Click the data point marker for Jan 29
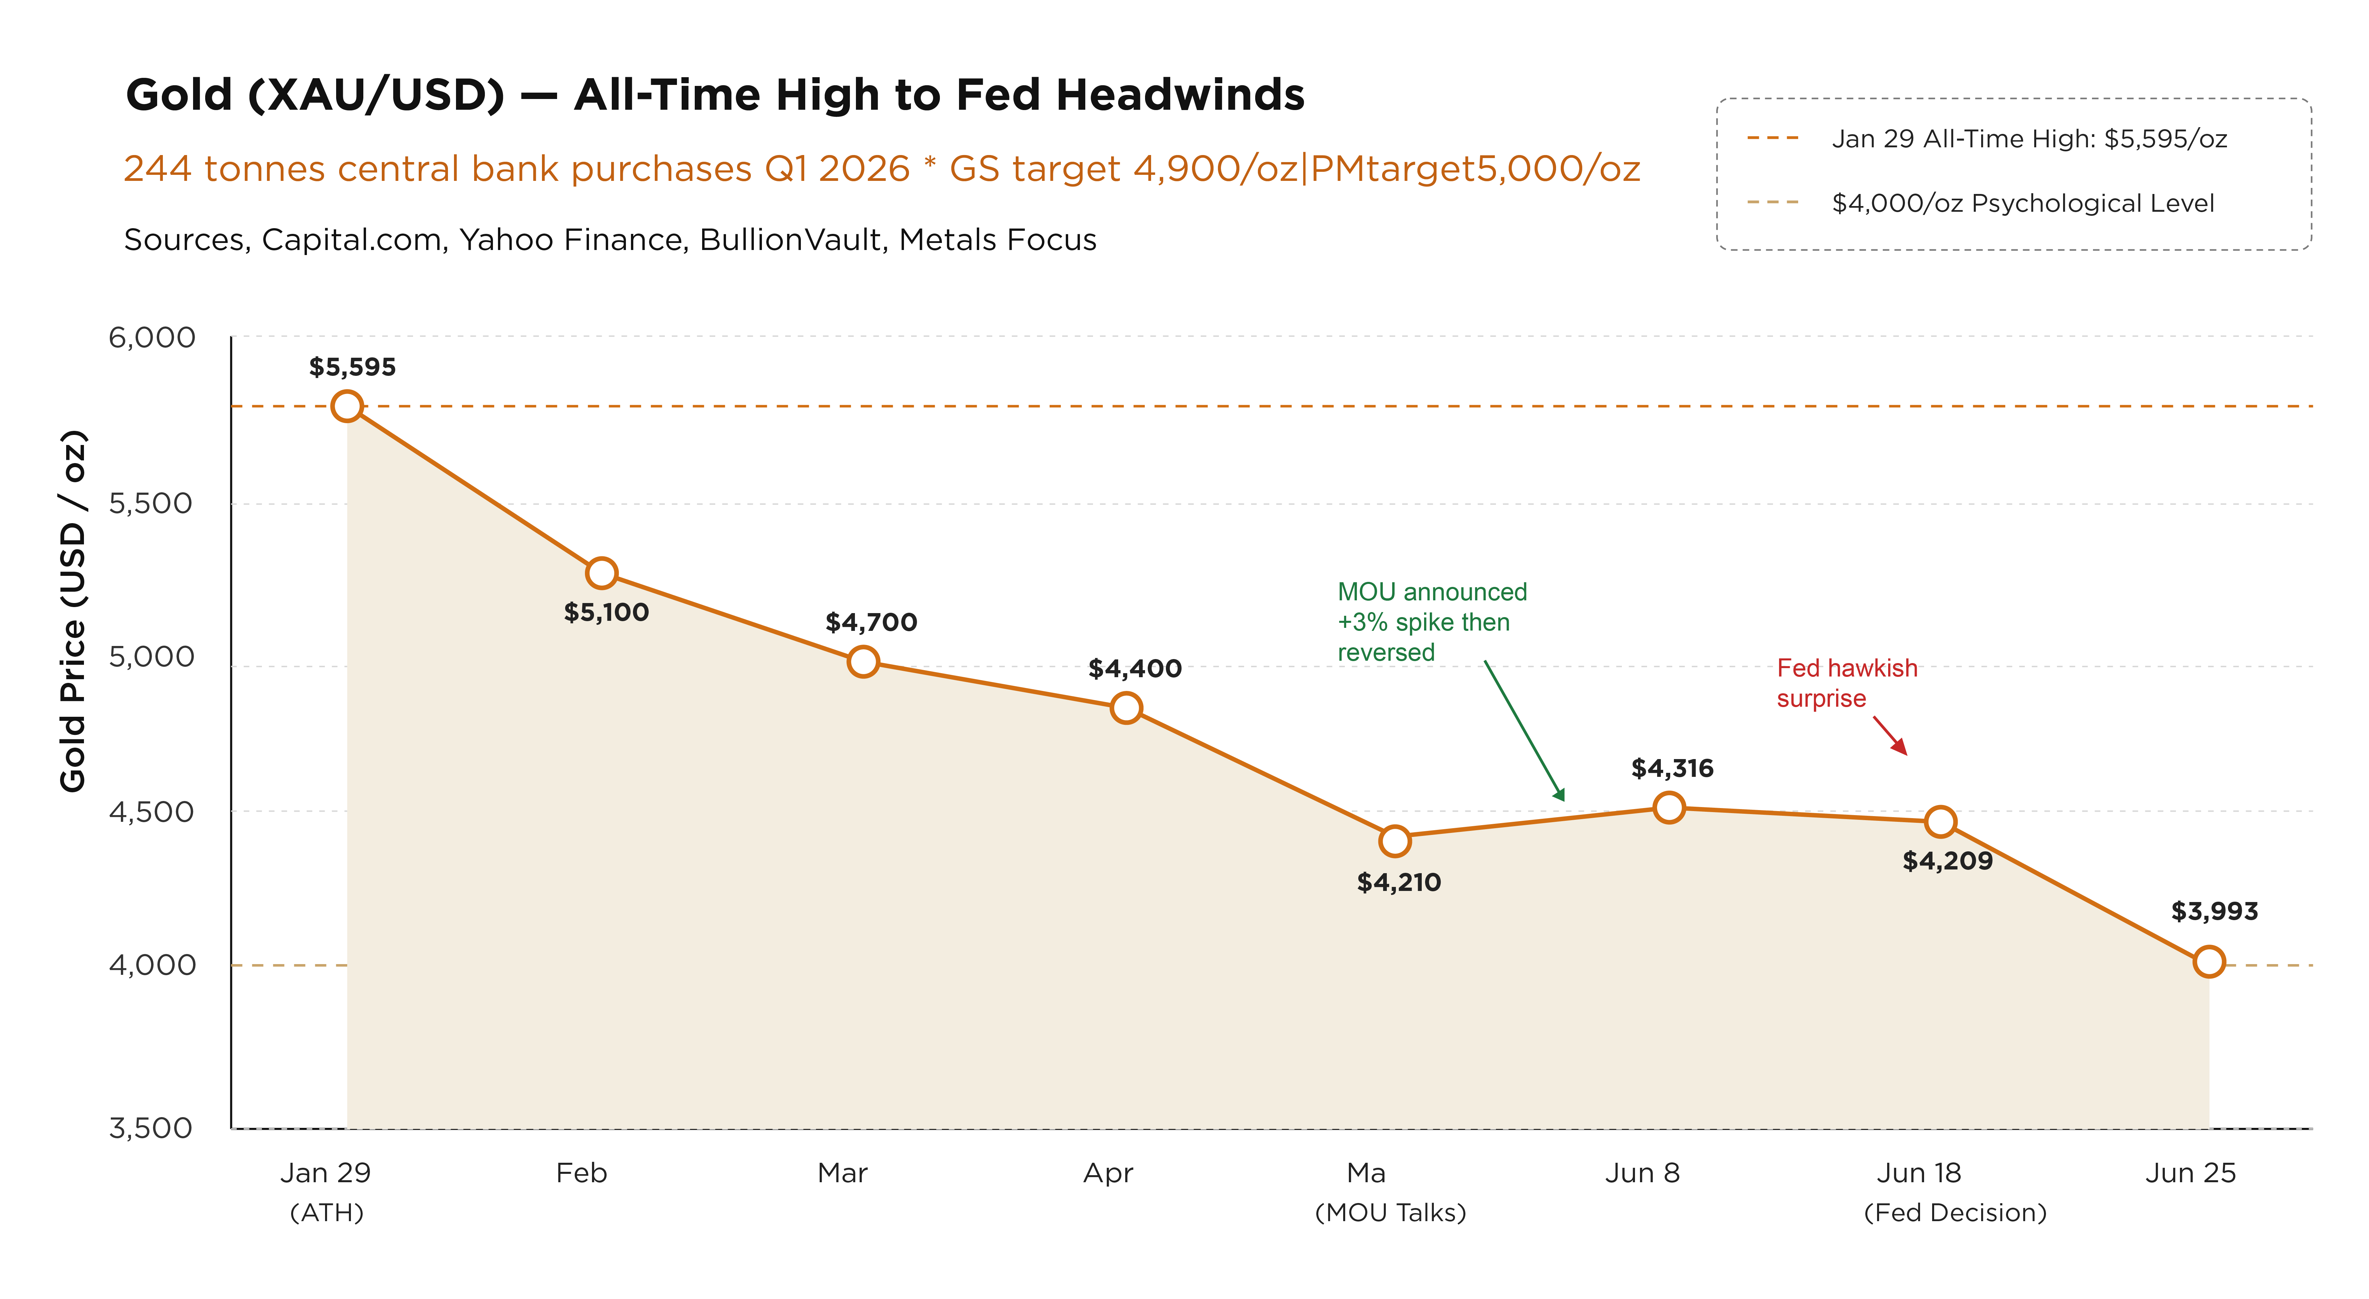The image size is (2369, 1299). (347, 405)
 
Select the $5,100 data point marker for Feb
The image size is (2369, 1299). (601, 573)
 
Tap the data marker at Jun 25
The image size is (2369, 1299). (2209, 962)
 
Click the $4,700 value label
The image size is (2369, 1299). (871, 622)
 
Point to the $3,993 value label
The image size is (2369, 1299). (2215, 911)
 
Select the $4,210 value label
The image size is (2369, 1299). (1399, 883)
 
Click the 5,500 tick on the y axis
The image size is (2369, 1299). (151, 503)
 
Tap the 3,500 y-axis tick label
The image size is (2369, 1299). (151, 1128)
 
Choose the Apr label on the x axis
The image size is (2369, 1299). (1108, 1173)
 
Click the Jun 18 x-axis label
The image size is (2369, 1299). (1919, 1173)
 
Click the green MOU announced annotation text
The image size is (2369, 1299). (1432, 622)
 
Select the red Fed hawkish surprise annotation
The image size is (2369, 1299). (1847, 683)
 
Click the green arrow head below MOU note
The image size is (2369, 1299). (1559, 794)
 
